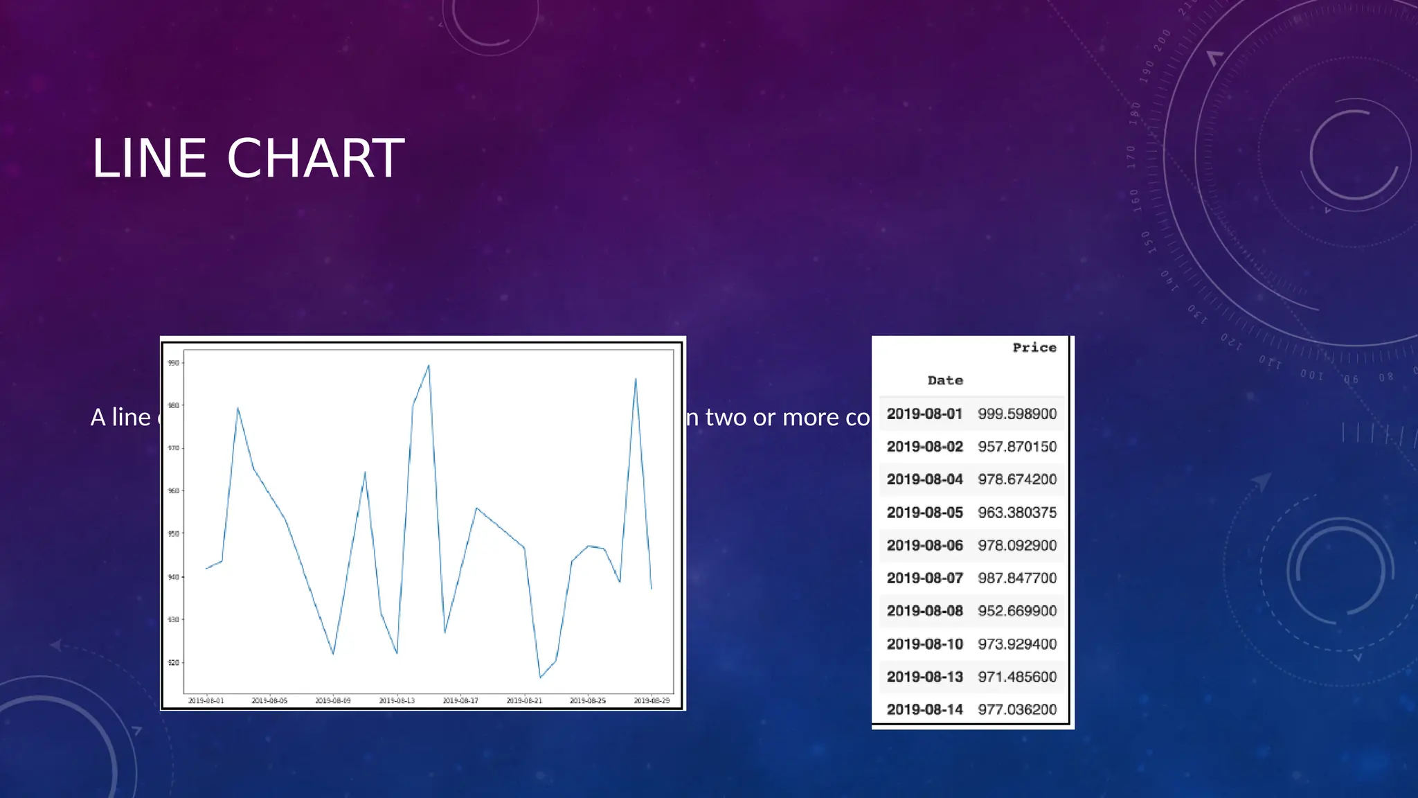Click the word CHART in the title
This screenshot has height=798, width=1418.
[x=315, y=159]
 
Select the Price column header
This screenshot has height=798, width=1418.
[x=1034, y=348]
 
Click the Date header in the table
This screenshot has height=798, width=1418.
[x=945, y=380]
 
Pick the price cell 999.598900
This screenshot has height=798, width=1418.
[x=1017, y=414]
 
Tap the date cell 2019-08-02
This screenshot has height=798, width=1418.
[x=924, y=447]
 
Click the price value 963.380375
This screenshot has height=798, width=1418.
[x=1017, y=513]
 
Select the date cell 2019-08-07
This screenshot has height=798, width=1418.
[x=924, y=578]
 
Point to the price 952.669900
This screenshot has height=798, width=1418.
[x=1017, y=611]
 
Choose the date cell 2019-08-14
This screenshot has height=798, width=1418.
[x=924, y=709]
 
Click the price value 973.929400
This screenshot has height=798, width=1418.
[x=1017, y=644]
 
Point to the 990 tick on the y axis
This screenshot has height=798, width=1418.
[x=173, y=363]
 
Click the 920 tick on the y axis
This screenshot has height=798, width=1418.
[x=173, y=663]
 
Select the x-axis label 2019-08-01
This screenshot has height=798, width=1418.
[x=206, y=701]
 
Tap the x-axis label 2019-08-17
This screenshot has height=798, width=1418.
[x=460, y=701]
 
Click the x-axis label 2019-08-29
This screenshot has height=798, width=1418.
[x=652, y=701]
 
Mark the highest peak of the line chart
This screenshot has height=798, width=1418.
[x=429, y=366]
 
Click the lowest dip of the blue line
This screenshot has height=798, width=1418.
[x=540, y=677]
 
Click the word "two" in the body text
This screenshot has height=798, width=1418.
[x=726, y=418]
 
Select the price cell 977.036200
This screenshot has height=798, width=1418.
[x=1017, y=709]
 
